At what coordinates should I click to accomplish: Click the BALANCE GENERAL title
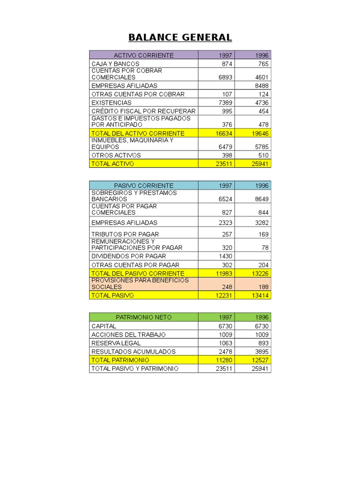coord(180,37)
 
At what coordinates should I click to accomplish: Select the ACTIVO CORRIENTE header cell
coord(143,55)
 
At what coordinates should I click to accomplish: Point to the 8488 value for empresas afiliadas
coord(262,86)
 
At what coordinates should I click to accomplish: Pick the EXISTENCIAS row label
coord(112,103)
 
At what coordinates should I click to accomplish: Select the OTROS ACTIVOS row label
coord(116,155)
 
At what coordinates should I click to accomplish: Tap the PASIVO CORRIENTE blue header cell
coord(143,186)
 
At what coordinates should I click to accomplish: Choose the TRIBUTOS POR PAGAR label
coord(125,234)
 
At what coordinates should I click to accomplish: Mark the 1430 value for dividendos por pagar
coord(225,256)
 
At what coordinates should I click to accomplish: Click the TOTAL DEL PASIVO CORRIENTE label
coord(138,273)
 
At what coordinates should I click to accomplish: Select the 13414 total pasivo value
coord(260,295)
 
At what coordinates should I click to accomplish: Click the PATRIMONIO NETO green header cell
coord(143,317)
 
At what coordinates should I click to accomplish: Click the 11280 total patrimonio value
coord(224,360)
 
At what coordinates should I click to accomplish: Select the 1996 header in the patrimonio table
coord(262,317)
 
